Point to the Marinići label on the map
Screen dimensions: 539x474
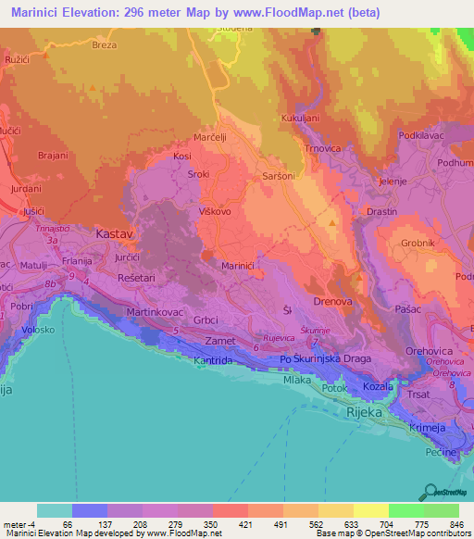click(239, 265)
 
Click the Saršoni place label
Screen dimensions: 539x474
click(279, 174)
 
